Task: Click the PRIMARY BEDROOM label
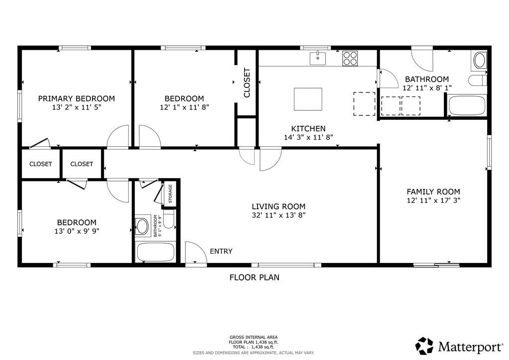tap(77, 98)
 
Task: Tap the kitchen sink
tap(318, 58)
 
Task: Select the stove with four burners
tap(350, 58)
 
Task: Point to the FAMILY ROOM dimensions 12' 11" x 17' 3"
tap(433, 200)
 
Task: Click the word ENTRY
tap(221, 251)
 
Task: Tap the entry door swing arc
tap(195, 252)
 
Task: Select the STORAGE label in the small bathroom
tap(170, 194)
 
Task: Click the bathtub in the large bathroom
tap(467, 105)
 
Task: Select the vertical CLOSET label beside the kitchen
tap(247, 83)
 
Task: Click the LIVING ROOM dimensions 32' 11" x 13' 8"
tap(278, 215)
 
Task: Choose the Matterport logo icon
tap(424, 346)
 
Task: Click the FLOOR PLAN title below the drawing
tap(254, 277)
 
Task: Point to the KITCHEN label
tap(308, 128)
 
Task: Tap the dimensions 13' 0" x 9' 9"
tap(77, 231)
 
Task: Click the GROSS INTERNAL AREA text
tap(254, 337)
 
